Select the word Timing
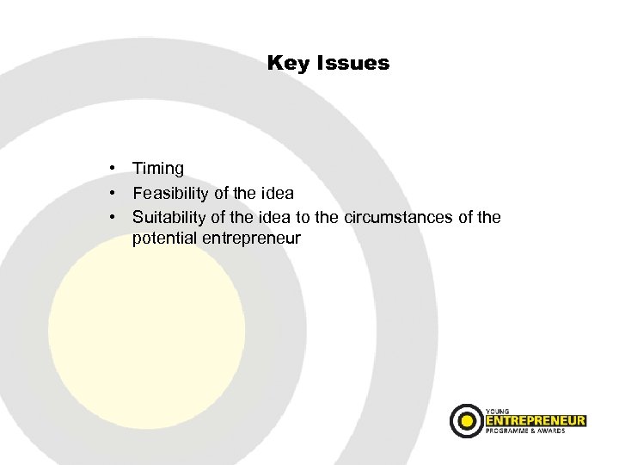[x=158, y=170]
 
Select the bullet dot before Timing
[x=113, y=169]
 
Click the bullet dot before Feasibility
[x=113, y=192]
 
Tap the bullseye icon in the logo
[x=466, y=420]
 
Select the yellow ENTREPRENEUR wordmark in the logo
[x=535, y=420]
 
